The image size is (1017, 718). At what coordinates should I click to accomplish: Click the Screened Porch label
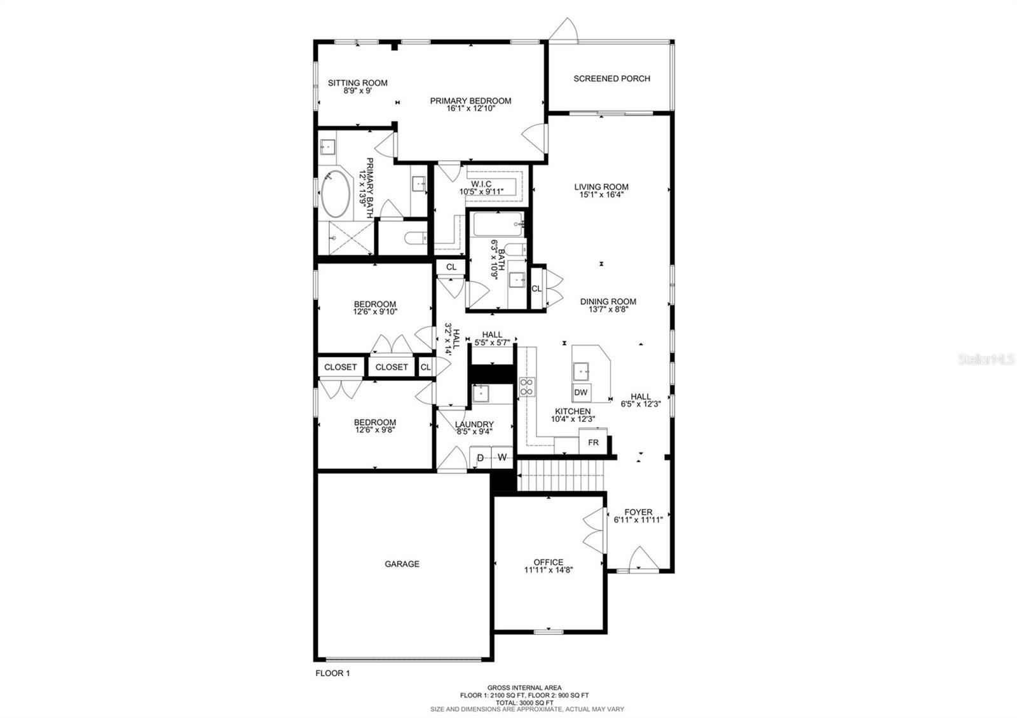611,79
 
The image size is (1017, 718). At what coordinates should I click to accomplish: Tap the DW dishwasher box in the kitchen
580,393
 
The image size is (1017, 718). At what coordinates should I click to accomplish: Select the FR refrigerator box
593,442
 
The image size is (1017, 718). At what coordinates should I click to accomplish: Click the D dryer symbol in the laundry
481,457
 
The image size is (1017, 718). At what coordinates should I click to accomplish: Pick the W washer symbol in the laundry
502,457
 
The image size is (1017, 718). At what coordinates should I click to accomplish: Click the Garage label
402,564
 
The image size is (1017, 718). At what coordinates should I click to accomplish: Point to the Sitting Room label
357,83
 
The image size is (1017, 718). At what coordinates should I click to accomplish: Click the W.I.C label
481,184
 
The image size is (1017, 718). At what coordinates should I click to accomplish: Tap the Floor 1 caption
332,673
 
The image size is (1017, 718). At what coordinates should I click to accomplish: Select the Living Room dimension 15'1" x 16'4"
601,195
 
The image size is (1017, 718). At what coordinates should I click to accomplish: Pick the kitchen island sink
580,370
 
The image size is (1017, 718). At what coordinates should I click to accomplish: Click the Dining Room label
608,302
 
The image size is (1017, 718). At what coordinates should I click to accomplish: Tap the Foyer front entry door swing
638,559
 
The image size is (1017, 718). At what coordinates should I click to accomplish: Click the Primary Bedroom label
470,100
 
